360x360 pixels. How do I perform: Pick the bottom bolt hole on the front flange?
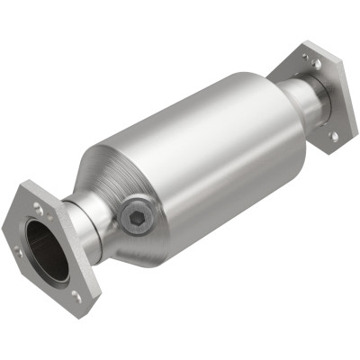tap(76, 293)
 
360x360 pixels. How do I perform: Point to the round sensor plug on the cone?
tap(133, 216)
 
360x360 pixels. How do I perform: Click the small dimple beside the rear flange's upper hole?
tap(304, 58)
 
